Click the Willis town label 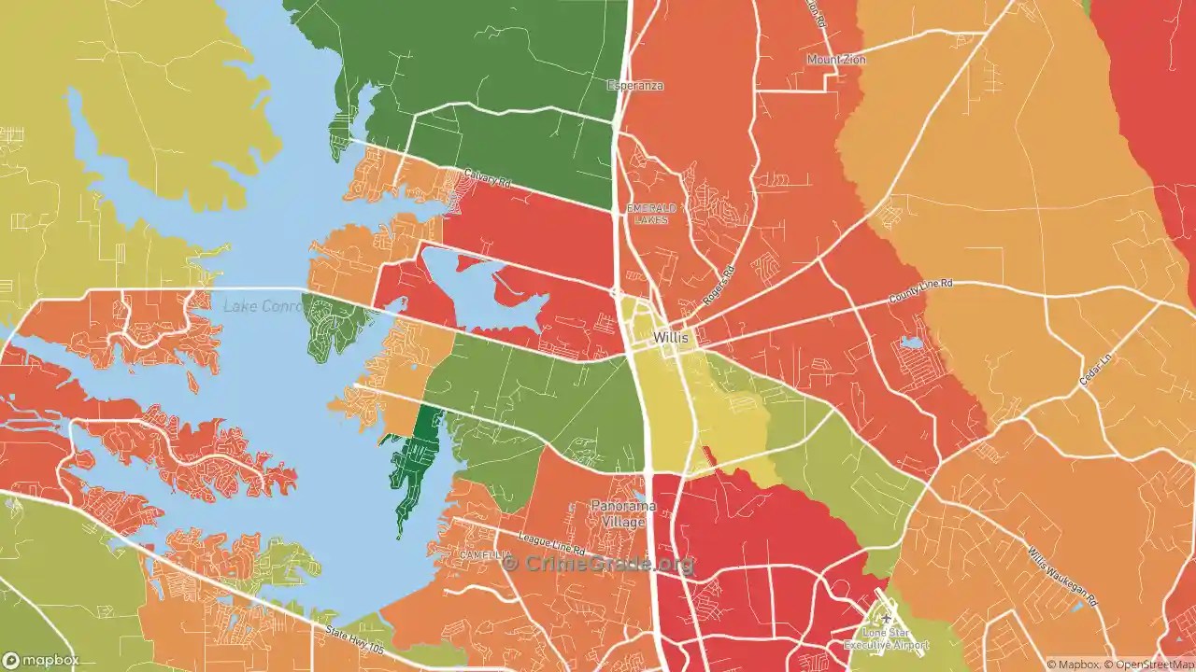(671, 337)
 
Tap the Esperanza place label (635, 86)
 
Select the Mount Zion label (836, 60)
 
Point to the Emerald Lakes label (646, 214)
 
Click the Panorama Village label (623, 513)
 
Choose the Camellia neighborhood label (483, 554)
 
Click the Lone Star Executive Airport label (885, 638)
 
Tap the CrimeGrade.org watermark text (598, 564)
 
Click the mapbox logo (44, 660)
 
